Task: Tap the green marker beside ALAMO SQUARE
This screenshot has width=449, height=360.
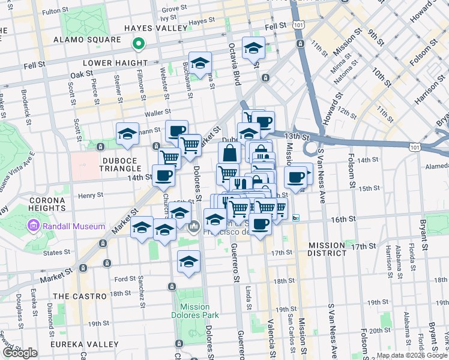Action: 138,43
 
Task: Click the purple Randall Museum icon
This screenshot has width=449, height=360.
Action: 32,226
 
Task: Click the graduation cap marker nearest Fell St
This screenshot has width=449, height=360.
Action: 253,47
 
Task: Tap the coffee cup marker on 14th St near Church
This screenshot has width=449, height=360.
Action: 163,175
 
